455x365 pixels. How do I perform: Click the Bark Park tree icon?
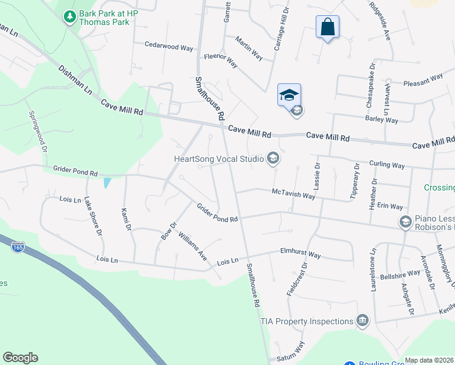[x=71, y=16]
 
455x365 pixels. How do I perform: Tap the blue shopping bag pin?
[x=327, y=27]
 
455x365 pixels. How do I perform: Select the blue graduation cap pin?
[x=289, y=94]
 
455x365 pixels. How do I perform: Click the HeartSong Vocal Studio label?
[x=219, y=159]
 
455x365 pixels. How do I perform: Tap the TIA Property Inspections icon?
[x=363, y=321]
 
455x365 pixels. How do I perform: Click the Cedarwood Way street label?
[x=168, y=44]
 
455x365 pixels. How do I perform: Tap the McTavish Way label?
[x=293, y=194]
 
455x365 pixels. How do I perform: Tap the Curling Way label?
[x=387, y=165]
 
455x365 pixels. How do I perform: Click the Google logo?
[x=20, y=357]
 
